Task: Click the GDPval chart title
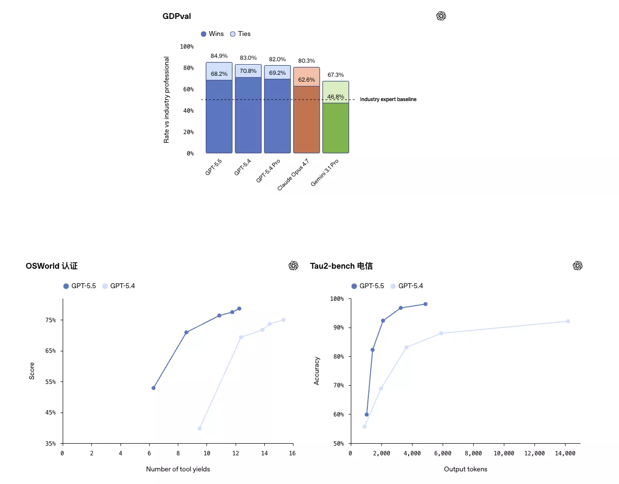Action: point(176,16)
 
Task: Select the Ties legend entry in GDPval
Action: point(241,34)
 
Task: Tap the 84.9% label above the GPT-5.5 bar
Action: point(219,56)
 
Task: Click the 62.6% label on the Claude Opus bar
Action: point(307,80)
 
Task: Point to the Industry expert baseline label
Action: point(388,99)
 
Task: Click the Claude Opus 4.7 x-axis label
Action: point(293,174)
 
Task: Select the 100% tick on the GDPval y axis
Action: point(187,47)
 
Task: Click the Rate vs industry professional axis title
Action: point(167,100)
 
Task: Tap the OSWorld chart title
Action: point(52,266)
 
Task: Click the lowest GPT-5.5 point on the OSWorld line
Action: point(154,388)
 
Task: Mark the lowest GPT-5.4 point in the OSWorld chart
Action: point(200,429)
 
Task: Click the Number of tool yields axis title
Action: point(178,469)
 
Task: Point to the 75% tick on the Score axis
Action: point(51,320)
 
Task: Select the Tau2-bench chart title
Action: point(341,266)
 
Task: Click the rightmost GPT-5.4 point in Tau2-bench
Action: point(568,321)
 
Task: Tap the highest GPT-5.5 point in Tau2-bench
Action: point(426,304)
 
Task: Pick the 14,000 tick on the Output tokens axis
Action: point(565,453)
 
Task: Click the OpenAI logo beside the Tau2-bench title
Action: point(577,266)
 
